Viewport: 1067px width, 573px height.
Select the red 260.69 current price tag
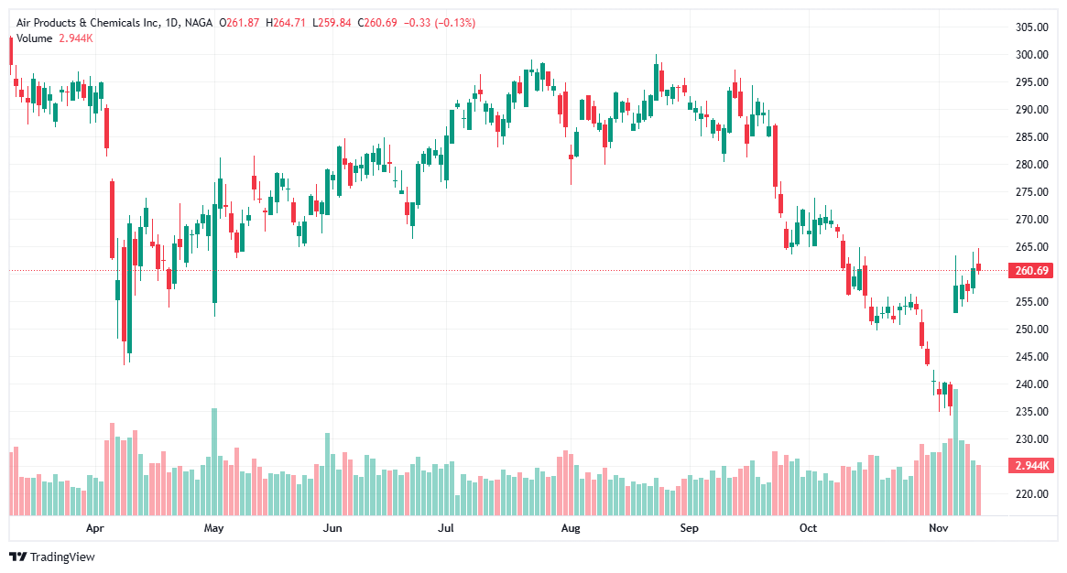point(1031,271)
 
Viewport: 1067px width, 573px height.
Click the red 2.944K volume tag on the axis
point(1031,466)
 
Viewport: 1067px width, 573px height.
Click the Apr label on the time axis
point(94,528)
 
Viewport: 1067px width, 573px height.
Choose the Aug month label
point(571,528)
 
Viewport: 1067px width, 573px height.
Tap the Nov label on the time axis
point(937,528)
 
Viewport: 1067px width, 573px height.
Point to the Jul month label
point(446,528)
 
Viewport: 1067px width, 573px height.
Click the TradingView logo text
point(62,557)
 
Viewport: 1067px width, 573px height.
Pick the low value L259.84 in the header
point(332,23)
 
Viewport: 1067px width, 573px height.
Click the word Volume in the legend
point(35,38)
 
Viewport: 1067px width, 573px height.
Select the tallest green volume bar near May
point(214,461)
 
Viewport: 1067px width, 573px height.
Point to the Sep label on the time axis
point(690,528)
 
